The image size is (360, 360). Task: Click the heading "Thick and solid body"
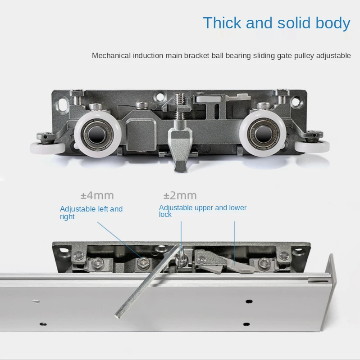pos(277,23)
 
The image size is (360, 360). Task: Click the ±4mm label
pos(97,196)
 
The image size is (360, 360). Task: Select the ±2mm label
pos(180,196)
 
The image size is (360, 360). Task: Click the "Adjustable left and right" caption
pos(91,212)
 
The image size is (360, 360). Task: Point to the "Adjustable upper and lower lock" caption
pos(203,211)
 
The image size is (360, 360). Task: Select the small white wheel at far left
pos(48,148)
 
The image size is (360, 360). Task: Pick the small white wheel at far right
pos(312,147)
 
